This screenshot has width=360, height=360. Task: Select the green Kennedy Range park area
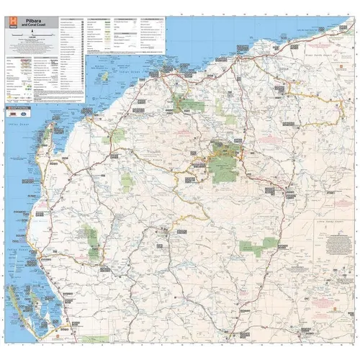[92, 241]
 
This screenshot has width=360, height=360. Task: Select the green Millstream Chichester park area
[190, 105]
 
